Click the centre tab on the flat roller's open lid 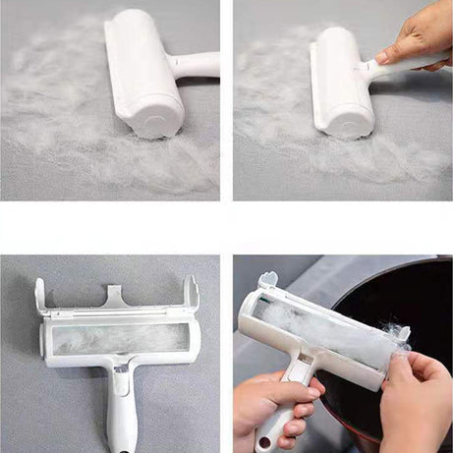click(x=115, y=295)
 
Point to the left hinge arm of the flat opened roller click(x=40, y=295)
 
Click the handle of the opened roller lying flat click(x=122, y=418)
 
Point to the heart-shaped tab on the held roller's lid click(x=267, y=281)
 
